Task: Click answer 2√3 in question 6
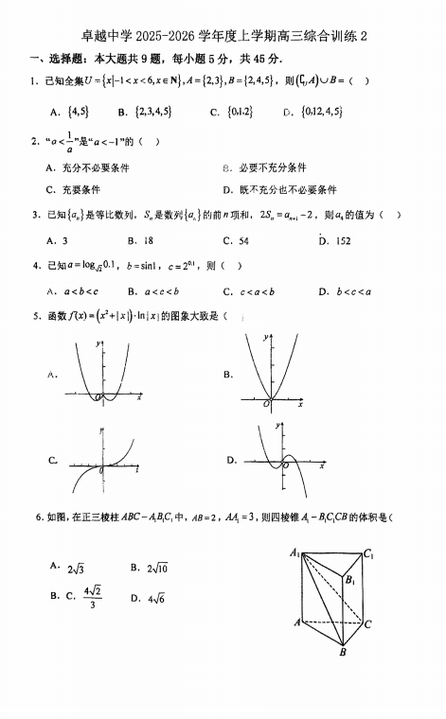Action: [x=74, y=568]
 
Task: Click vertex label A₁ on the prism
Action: [x=294, y=552]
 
